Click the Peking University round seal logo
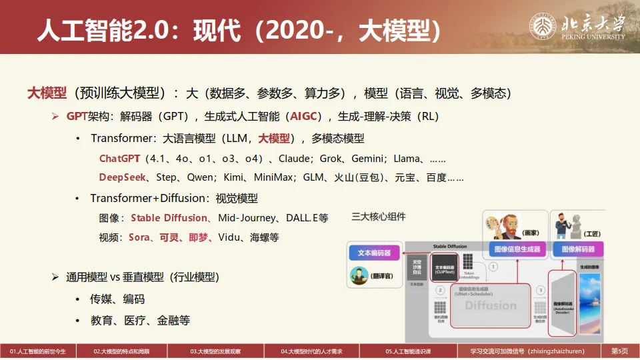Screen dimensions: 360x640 (543, 27)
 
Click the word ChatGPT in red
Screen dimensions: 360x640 (120, 159)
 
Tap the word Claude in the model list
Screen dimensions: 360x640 (294, 159)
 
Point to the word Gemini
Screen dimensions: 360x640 (369, 159)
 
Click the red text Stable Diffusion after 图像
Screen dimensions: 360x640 (169, 218)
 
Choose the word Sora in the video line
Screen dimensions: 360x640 (139, 237)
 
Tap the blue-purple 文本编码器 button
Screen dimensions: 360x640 (374, 253)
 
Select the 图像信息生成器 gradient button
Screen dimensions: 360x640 (517, 249)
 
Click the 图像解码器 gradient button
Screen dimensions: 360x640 (578, 249)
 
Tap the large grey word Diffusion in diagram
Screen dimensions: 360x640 (491, 306)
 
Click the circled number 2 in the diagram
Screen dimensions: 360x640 (440, 291)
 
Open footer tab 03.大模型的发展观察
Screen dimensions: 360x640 (215, 351)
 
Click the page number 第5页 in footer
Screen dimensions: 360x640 (620, 351)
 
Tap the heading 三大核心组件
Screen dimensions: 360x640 (378, 217)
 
